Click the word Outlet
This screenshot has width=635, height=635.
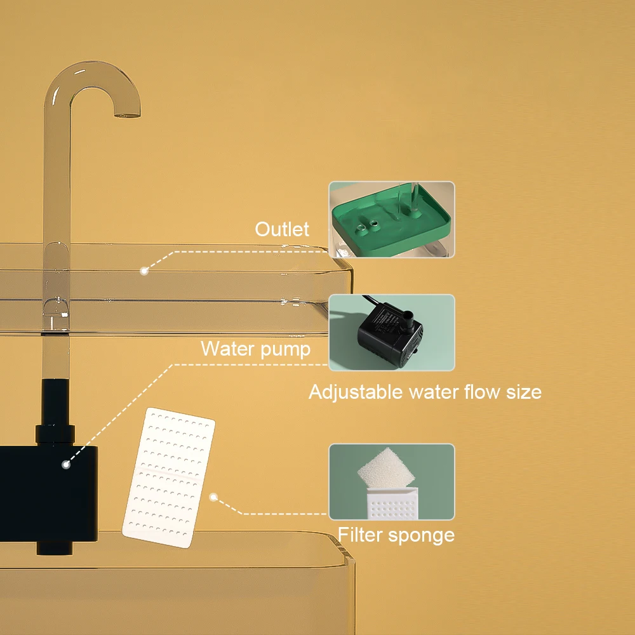coord(282,229)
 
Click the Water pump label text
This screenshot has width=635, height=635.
coord(255,349)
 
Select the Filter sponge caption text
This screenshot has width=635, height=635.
coord(396,535)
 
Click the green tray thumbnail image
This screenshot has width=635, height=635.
coord(391,220)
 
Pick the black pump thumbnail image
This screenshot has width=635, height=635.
coord(391,332)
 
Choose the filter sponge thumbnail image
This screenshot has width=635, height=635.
coord(391,481)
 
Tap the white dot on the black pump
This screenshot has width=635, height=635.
coord(65,465)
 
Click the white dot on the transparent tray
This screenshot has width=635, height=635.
coord(144,271)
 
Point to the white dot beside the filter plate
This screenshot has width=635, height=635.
coord(214,497)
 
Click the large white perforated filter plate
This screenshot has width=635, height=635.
coord(168,477)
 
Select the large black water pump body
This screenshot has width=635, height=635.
coord(48,492)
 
